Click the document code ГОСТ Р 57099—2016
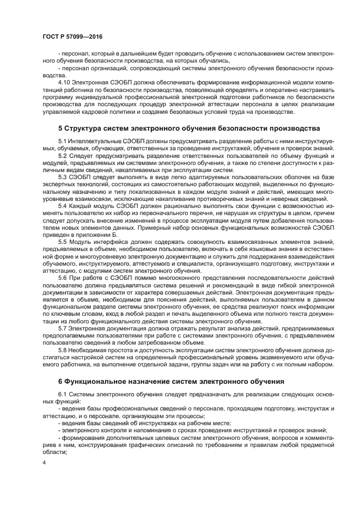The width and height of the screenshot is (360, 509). [x=72, y=36]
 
